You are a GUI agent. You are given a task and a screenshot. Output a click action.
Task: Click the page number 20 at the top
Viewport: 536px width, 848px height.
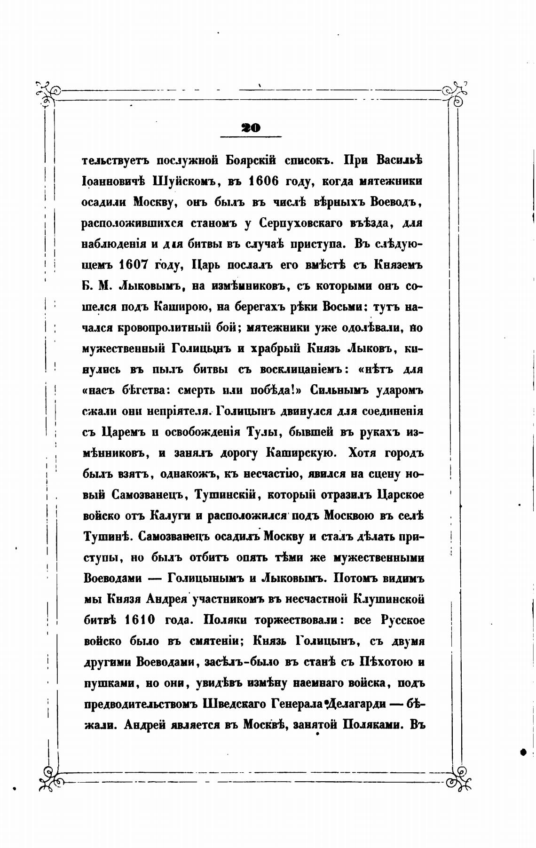coord(250,127)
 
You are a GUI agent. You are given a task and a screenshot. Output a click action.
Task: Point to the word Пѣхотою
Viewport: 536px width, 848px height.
coord(387,662)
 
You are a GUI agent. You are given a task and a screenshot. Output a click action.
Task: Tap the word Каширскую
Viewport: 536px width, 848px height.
coord(300,453)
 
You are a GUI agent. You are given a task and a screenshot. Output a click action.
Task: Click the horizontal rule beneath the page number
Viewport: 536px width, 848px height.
coord(251,137)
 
